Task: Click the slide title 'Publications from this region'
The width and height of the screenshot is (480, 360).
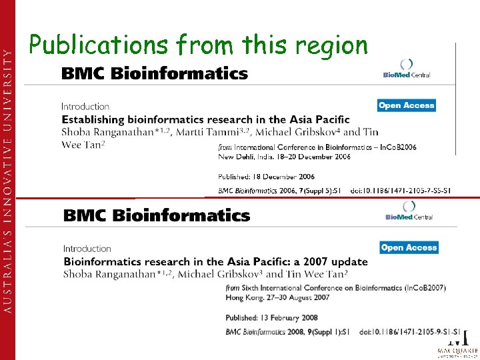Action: click(197, 45)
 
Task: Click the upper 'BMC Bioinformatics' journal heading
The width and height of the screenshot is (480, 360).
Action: click(154, 73)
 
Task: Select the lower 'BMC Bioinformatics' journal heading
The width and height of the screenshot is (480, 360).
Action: click(157, 215)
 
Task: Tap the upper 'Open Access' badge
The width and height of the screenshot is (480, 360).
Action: click(406, 105)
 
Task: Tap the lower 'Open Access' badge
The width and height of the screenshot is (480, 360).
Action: click(409, 247)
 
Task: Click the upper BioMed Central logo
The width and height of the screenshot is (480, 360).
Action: click(406, 69)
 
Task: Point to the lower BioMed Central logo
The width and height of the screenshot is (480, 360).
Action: click(409, 211)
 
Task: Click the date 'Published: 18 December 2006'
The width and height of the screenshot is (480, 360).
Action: click(266, 177)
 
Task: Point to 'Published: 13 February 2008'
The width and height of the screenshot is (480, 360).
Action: click(271, 318)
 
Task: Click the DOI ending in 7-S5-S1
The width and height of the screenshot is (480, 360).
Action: click(401, 191)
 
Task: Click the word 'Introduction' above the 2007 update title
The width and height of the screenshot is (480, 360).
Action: click(87, 249)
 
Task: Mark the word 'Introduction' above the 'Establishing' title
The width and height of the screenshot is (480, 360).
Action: click(85, 107)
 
